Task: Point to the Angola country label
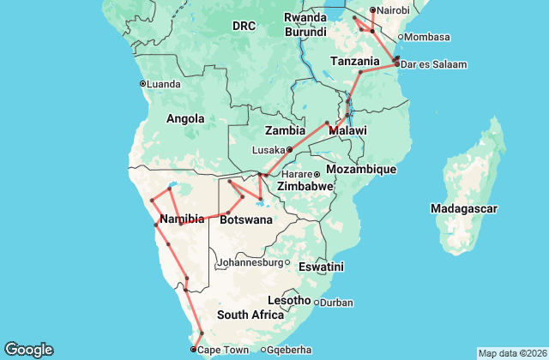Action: click(x=185, y=118)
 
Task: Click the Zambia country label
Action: click(x=286, y=131)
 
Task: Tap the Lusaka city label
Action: click(x=268, y=149)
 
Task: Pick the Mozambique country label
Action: click(x=360, y=170)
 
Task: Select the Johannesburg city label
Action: click(x=250, y=262)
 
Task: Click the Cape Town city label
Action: click(x=222, y=351)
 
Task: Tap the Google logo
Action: click(x=28, y=350)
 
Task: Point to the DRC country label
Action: click(x=244, y=27)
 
